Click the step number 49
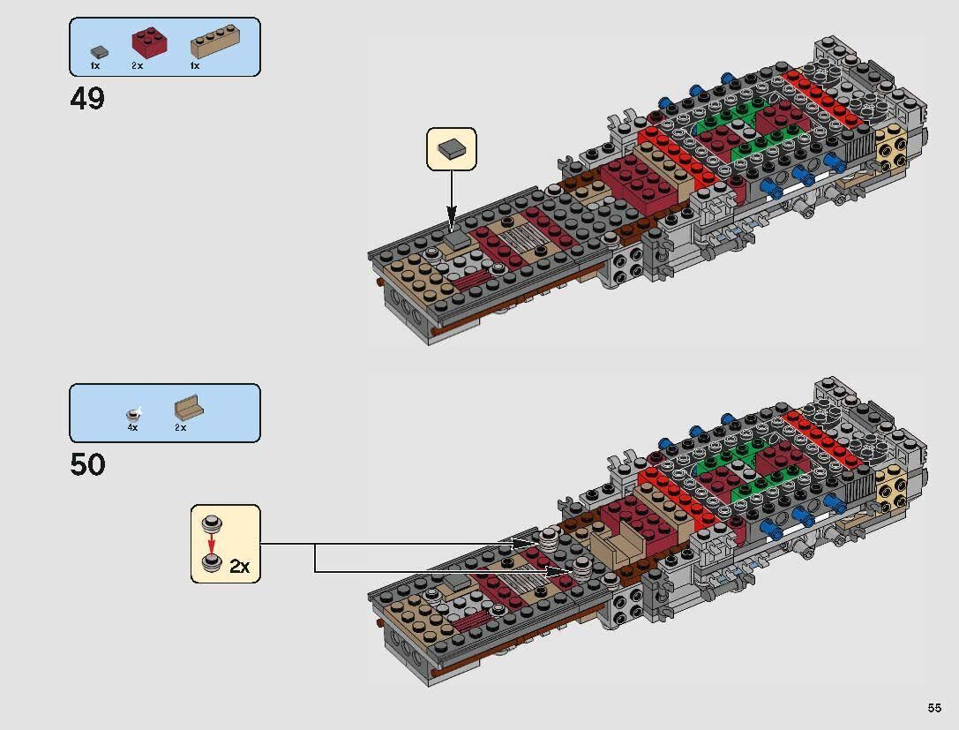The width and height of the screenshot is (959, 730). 87,98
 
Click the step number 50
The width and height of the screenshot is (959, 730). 87,464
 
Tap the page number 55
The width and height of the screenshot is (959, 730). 934,707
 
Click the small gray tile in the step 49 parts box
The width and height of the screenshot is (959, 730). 99,53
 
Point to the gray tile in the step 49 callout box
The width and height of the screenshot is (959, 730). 452,148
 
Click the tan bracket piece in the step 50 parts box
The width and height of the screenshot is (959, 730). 188,409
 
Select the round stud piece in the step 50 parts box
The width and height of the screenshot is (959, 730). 133,413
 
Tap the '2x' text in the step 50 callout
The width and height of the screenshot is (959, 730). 239,567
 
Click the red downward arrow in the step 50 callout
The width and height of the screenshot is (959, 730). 210,545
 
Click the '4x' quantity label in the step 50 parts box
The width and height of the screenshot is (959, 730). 132,427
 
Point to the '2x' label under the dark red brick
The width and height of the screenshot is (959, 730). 138,66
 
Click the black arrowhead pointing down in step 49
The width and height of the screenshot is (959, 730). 451,215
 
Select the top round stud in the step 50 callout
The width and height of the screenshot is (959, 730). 210,523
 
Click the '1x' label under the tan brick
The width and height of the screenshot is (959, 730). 195,66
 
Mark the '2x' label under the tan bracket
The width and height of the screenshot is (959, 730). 180,427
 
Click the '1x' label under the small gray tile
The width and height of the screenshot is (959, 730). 95,66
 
